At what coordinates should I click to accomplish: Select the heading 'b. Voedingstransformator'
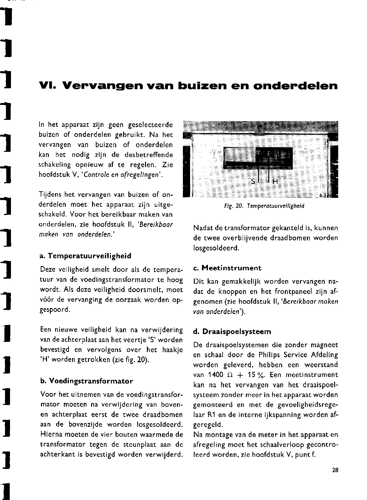point(87,381)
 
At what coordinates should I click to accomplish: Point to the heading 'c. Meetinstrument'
point(227,268)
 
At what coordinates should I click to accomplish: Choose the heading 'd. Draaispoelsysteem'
point(232,331)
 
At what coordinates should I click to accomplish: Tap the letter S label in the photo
point(253,182)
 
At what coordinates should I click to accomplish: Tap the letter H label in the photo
point(275,182)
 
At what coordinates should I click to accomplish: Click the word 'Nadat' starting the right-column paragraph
point(202,228)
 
